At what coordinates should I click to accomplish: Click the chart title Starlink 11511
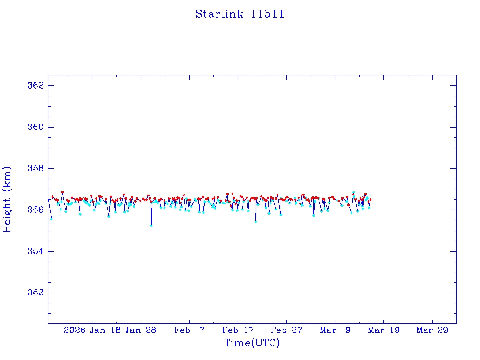(x=240, y=14)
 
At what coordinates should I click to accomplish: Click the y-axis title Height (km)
(x=7, y=199)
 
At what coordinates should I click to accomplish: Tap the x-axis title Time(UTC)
(x=252, y=343)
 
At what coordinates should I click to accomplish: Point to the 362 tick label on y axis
(x=36, y=86)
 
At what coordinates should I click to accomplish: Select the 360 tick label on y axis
(x=36, y=127)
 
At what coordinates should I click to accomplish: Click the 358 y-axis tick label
(x=36, y=168)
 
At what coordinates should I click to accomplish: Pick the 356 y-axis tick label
(x=36, y=210)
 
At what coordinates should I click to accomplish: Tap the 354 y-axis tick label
(x=36, y=251)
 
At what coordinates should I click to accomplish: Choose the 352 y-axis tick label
(x=36, y=292)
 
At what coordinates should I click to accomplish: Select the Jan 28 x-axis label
(x=140, y=330)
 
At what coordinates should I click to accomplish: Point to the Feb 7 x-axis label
(x=189, y=330)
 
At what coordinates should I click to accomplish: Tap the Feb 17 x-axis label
(x=238, y=330)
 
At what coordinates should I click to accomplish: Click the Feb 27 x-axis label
(x=286, y=330)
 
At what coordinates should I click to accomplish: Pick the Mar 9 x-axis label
(x=335, y=330)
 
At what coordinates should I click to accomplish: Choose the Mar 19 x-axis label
(x=384, y=330)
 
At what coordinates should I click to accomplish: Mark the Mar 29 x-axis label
(x=432, y=330)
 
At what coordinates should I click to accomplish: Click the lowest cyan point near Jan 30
(x=151, y=225)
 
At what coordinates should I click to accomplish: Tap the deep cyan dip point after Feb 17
(x=255, y=222)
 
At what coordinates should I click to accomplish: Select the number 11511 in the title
(x=268, y=14)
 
